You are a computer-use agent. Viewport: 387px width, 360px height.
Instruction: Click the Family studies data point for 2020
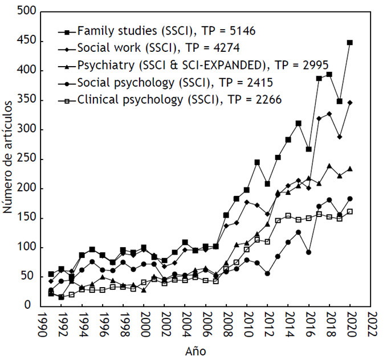[350, 42]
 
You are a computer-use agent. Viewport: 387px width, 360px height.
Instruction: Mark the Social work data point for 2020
[350, 103]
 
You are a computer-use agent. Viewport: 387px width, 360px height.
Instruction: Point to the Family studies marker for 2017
[319, 79]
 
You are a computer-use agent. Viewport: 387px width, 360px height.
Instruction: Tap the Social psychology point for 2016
[308, 252]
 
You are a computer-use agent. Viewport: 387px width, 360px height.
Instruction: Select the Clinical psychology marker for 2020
[350, 211]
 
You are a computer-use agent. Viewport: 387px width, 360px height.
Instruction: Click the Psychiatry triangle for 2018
[329, 166]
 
